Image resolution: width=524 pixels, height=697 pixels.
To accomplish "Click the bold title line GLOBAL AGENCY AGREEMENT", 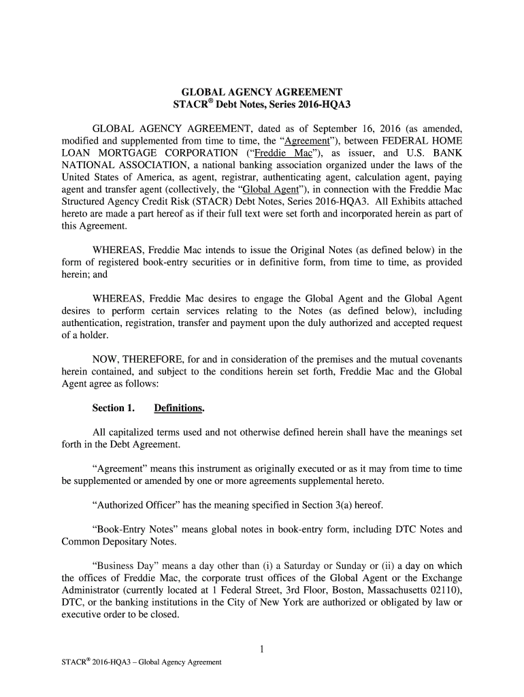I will [x=261, y=92].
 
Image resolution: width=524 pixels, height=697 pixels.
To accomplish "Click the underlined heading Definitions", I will [x=179, y=408].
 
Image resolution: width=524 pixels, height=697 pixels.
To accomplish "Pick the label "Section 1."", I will [x=113, y=408].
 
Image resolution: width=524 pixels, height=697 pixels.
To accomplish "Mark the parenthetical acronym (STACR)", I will [x=216, y=202].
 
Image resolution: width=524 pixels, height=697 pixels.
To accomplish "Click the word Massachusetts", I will [x=397, y=590].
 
